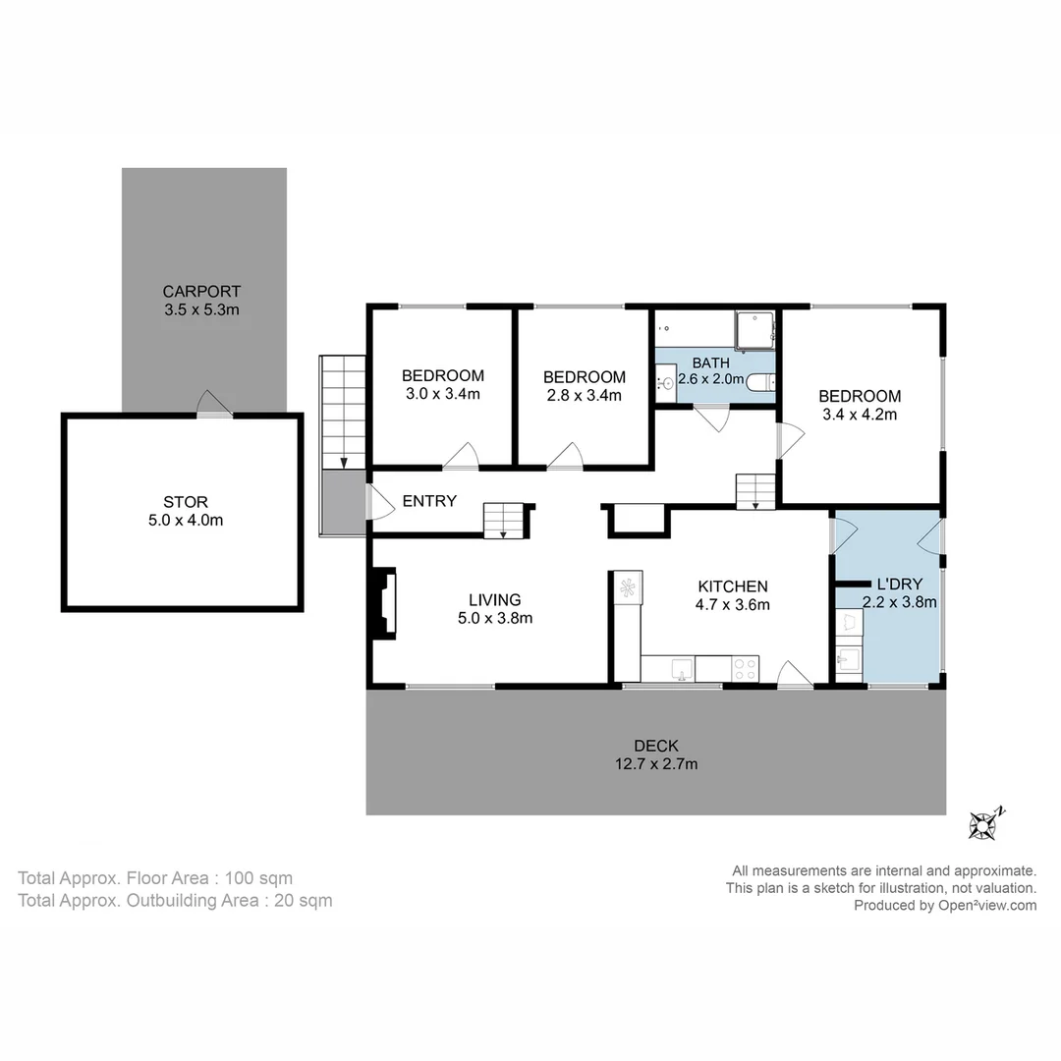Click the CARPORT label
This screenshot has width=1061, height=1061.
(201, 292)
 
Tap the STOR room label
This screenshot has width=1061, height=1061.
(186, 502)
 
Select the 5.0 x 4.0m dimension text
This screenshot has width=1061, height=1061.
(186, 520)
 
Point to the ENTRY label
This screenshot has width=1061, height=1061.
(429, 501)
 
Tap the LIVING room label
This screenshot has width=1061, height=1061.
(494, 599)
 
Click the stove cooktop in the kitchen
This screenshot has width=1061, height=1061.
(746, 669)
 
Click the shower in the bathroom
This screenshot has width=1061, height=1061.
(754, 331)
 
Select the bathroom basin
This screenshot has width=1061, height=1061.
(666, 382)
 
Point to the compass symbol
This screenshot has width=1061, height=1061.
(984, 823)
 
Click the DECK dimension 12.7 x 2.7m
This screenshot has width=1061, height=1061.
(655, 763)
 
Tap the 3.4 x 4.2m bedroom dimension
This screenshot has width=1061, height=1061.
(860, 414)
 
